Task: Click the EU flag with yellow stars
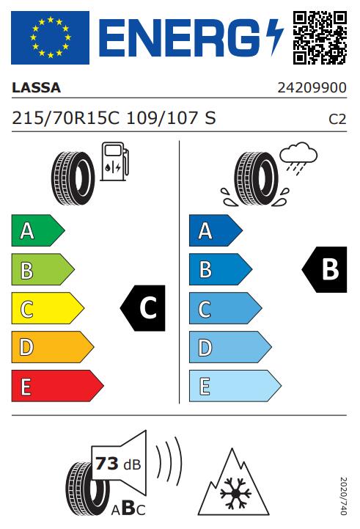click(x=51, y=37)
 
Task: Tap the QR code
click(x=320, y=37)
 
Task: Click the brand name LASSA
click(x=37, y=88)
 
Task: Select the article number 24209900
click(x=312, y=88)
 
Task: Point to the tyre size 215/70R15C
click(x=66, y=118)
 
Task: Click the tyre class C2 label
click(x=337, y=120)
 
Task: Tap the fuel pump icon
click(x=114, y=161)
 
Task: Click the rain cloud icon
click(x=298, y=158)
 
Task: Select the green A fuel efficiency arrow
click(x=38, y=230)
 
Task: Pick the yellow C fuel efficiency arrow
click(x=48, y=308)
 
